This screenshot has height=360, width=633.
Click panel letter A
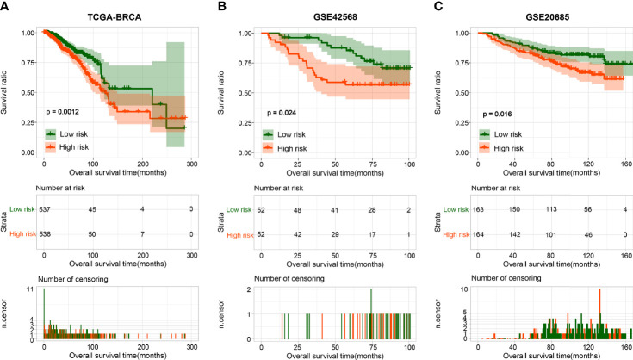(6, 7)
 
